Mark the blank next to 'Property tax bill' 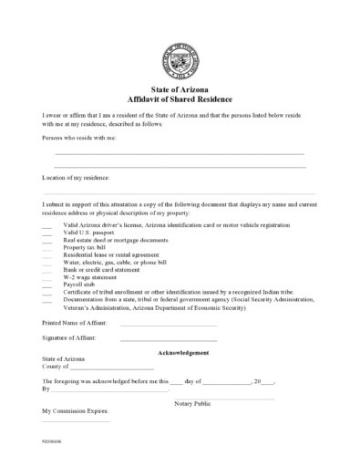click(x=46, y=247)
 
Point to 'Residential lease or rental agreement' click(x=108, y=254)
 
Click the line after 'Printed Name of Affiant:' click(x=169, y=324)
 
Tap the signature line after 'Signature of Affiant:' click(x=169, y=339)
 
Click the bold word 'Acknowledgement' click(x=184, y=352)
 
